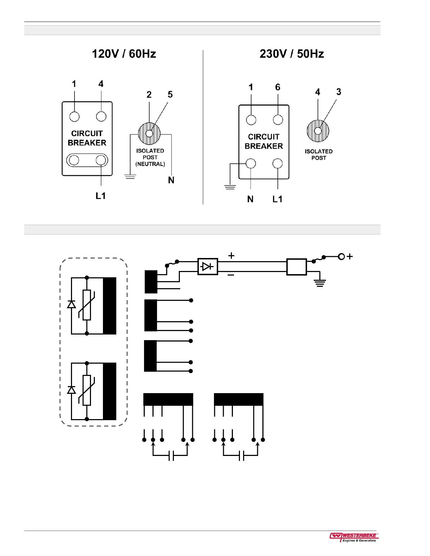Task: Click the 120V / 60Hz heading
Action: [124, 54]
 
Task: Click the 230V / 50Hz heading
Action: [292, 54]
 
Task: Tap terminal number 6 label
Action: [278, 87]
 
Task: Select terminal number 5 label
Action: [170, 94]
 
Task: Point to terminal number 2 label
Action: [149, 94]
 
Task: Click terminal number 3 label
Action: [338, 92]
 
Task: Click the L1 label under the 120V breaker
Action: [101, 196]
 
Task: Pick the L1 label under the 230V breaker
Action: [277, 199]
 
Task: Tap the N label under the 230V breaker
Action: [250, 199]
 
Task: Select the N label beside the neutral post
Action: [171, 180]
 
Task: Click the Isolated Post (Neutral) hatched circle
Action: [149, 133]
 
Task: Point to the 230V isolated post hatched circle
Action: [318, 131]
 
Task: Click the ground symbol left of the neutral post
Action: [130, 176]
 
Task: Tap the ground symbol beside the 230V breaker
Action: [230, 187]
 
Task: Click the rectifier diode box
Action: [208, 267]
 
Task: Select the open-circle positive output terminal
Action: [341, 257]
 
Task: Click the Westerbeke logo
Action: [354, 537]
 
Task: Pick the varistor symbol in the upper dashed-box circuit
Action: [87, 305]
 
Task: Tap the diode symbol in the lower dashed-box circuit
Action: [72, 390]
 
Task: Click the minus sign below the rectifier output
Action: [231, 275]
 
